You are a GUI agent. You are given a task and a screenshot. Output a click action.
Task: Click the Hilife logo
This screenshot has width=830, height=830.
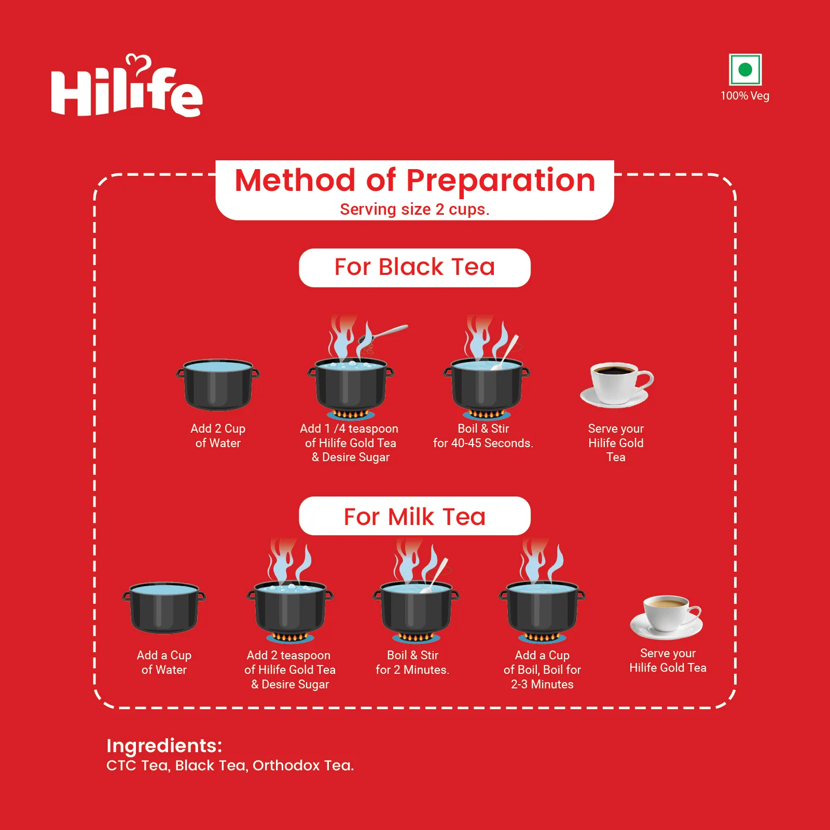[x=127, y=86]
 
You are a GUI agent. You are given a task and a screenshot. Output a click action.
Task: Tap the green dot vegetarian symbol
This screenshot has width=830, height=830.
[x=745, y=70]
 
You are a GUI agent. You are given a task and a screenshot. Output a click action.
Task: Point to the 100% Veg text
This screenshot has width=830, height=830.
[x=745, y=96]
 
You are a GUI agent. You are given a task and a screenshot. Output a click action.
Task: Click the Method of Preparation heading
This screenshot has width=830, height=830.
[x=415, y=180]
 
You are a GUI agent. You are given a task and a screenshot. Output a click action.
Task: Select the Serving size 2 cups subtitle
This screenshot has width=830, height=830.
[x=415, y=209]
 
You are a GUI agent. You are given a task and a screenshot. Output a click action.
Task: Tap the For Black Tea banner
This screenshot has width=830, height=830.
[x=415, y=268]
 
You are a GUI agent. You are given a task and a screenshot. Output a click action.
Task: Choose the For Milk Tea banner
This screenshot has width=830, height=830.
[x=415, y=516]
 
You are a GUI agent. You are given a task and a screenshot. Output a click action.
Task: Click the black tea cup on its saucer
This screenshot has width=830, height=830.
[x=616, y=385]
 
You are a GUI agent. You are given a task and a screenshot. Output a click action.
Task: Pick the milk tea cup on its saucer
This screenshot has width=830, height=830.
[x=667, y=617]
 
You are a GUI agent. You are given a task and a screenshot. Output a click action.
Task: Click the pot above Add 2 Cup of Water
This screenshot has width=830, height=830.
[x=218, y=384]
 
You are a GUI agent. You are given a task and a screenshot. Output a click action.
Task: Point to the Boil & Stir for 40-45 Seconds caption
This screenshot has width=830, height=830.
[x=483, y=436]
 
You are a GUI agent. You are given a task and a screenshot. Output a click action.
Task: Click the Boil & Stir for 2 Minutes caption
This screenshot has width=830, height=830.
[x=412, y=662]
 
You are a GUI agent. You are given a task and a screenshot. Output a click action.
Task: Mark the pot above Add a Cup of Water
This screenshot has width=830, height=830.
[x=164, y=607]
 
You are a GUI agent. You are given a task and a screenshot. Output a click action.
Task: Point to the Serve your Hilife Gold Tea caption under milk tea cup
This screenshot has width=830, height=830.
[x=668, y=660]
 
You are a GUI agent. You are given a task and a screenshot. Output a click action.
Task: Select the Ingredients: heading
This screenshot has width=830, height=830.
[x=164, y=745]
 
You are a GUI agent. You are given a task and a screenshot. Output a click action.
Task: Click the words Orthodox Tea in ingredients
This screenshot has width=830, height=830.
[x=303, y=766]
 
